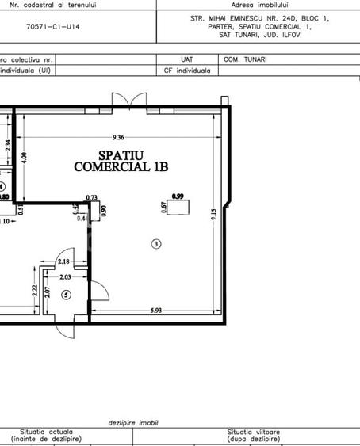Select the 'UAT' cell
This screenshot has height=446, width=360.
pyautogui.click(x=187, y=59)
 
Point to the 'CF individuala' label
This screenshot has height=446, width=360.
pyautogui.click(x=187, y=70)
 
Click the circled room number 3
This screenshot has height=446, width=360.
pyautogui.click(x=157, y=243)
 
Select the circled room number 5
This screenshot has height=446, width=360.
pyautogui.click(x=66, y=295)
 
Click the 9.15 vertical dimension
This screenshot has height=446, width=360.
pyautogui.click(x=213, y=215)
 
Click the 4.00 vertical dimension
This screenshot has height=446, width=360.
pyautogui.click(x=24, y=157)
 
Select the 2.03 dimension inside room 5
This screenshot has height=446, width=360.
pyautogui.click(x=64, y=276)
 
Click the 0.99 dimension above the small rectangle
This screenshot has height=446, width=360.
pyautogui.click(x=178, y=196)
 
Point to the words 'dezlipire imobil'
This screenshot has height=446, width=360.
pyautogui.click(x=134, y=424)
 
